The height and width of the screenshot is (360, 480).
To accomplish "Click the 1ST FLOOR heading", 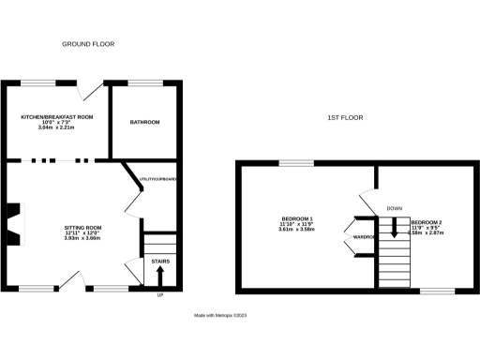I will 345,117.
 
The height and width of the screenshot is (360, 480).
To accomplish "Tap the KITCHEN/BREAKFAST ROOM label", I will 59,116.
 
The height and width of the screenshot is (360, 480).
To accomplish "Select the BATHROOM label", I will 144,122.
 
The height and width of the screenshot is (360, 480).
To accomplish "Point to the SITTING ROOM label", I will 82,228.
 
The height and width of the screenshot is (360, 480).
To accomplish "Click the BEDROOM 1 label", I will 297,218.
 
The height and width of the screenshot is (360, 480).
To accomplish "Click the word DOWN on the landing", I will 395,208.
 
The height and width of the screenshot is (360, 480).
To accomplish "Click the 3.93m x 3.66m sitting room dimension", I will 82,239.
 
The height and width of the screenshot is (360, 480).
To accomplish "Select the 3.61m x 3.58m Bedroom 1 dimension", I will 297,230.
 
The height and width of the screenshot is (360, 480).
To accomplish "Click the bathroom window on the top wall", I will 144,84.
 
